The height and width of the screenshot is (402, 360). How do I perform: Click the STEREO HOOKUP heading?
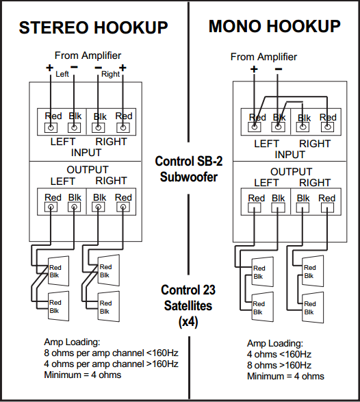(x=93, y=27)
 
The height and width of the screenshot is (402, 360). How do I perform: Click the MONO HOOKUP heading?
(x=274, y=27)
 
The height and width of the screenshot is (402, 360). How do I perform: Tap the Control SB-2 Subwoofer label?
(x=189, y=169)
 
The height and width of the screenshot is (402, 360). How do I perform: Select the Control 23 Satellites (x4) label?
(x=188, y=305)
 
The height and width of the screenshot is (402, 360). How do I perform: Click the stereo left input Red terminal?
(x=51, y=127)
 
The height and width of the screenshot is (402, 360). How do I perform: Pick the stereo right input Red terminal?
(x=123, y=127)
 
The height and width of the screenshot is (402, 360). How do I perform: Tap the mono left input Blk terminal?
(x=278, y=127)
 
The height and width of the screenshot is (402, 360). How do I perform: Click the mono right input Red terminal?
(x=327, y=127)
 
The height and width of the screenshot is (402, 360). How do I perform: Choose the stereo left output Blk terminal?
(x=74, y=207)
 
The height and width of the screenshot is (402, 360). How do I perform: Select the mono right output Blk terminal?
(x=303, y=208)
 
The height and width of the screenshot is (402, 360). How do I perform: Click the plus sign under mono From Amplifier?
(x=254, y=69)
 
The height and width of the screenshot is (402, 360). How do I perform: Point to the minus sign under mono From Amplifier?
(x=279, y=69)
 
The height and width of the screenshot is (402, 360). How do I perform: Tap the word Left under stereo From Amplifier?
(x=62, y=74)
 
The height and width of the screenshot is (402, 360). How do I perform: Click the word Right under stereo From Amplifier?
(x=110, y=74)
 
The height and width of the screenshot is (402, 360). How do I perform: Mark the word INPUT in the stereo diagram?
(x=86, y=153)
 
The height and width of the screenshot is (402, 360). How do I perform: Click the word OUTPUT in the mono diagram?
(x=292, y=171)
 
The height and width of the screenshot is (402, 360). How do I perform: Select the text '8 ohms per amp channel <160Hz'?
(x=111, y=353)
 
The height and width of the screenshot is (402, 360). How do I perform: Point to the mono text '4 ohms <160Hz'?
(x=279, y=354)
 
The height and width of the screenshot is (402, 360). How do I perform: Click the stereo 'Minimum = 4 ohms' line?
(x=83, y=375)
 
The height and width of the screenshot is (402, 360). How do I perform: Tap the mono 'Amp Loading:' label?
(x=275, y=344)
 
